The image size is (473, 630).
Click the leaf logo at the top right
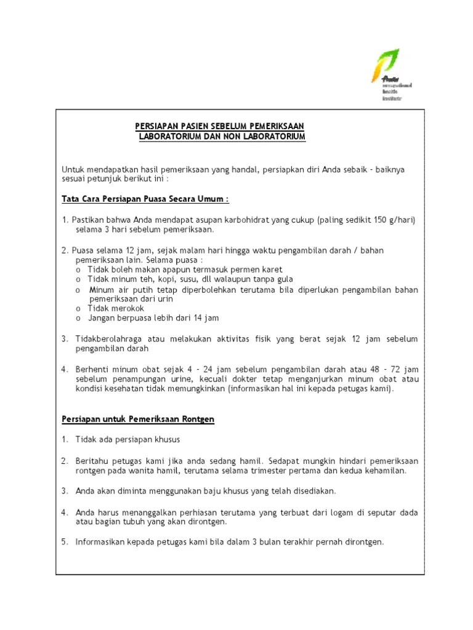coord(385,66)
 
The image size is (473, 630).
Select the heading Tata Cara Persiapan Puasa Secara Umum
coord(145,199)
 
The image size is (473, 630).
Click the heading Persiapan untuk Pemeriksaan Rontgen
coord(138,419)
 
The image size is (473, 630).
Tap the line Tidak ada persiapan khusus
coord(127,439)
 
